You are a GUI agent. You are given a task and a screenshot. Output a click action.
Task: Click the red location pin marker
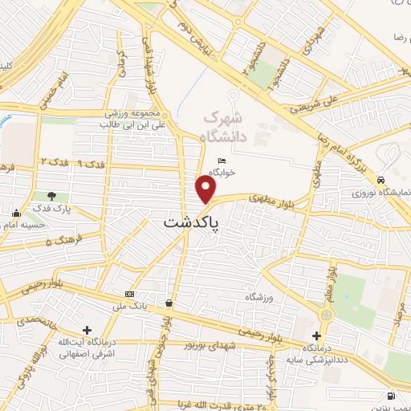(206, 190)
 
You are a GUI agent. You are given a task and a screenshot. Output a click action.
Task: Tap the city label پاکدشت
(192, 224)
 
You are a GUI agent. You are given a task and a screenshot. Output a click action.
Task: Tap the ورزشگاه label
(250, 297)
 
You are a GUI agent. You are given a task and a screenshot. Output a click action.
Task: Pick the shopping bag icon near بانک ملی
(169, 303)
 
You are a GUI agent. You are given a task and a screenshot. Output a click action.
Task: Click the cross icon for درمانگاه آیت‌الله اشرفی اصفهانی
(87, 330)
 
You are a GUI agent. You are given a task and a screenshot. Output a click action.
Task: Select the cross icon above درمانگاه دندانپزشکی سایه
(316, 336)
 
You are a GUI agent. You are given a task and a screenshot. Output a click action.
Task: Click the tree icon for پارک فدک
(52, 196)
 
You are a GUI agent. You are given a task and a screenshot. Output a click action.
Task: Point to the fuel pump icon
(391, 395)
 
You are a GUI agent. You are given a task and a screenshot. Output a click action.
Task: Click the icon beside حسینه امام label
(17, 213)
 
